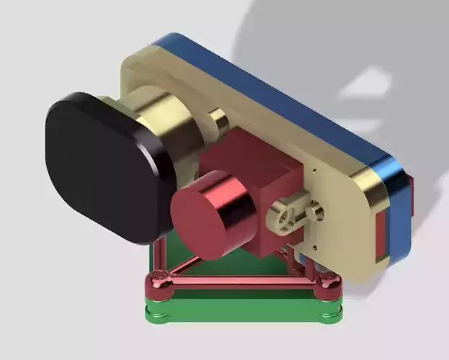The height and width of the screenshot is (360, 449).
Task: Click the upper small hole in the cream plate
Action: click(315, 171)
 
